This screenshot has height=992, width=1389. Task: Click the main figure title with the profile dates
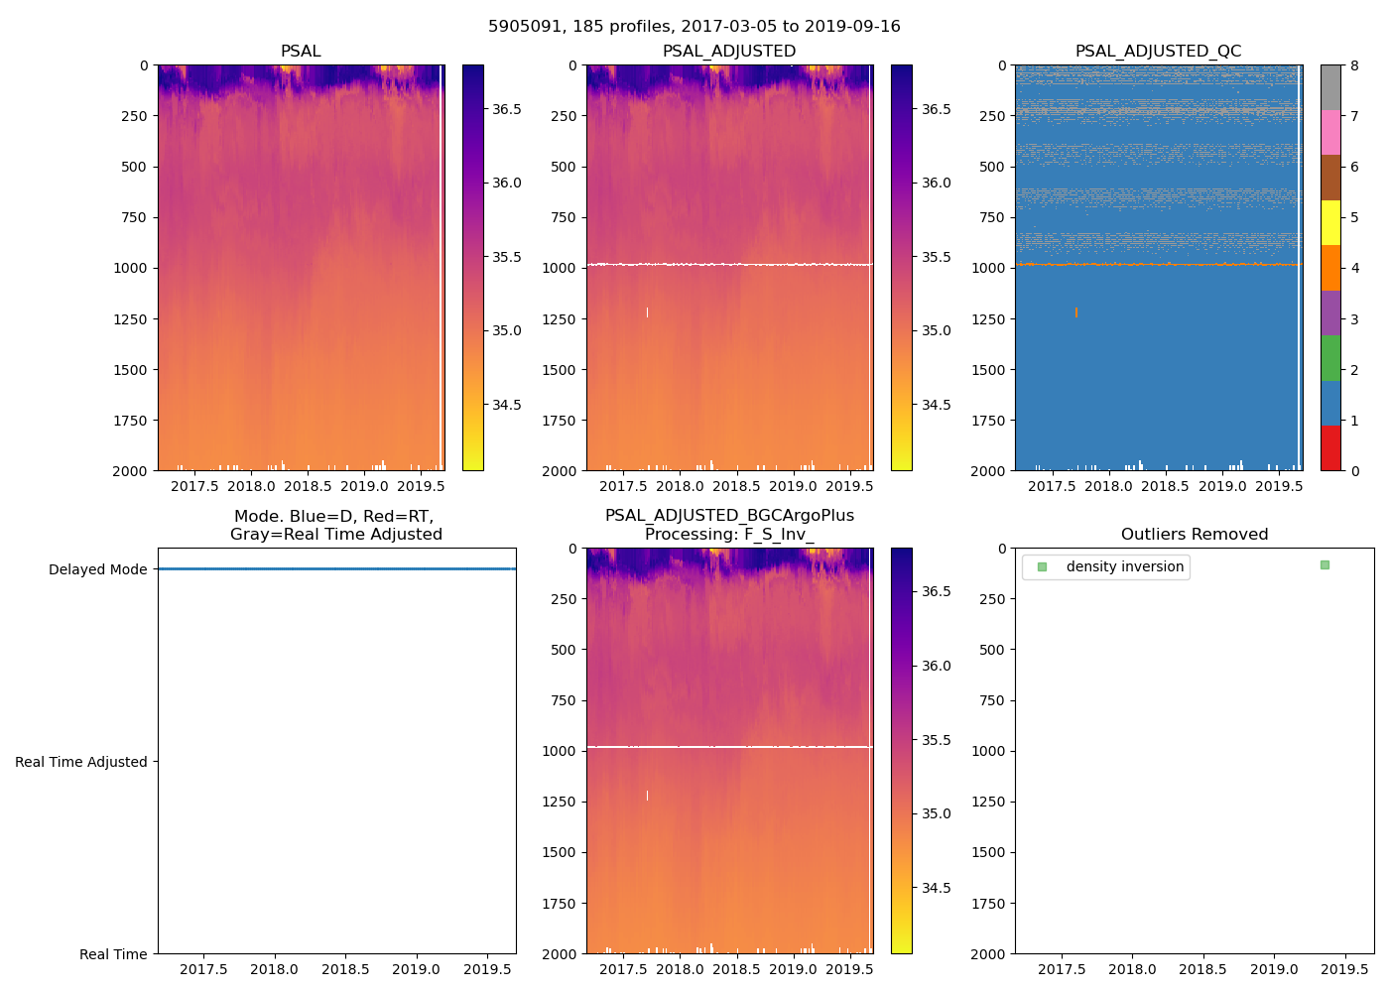click(x=694, y=27)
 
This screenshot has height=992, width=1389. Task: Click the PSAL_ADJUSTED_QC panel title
click(x=1158, y=52)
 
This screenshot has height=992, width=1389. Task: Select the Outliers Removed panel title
click(x=1194, y=535)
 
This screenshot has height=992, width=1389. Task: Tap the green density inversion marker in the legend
click(x=1042, y=567)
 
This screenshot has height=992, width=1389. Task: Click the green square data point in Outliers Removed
click(x=1325, y=564)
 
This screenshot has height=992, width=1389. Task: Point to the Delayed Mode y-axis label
click(x=97, y=569)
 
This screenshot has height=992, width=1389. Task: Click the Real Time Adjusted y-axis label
click(x=80, y=762)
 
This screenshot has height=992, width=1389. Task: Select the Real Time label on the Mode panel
click(x=113, y=954)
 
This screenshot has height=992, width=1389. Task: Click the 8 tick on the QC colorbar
click(x=1354, y=65)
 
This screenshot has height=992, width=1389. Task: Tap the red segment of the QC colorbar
click(x=1330, y=447)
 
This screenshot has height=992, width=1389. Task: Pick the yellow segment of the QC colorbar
click(x=1330, y=222)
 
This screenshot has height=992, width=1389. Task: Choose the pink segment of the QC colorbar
click(x=1330, y=132)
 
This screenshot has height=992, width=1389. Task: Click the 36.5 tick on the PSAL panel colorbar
click(x=506, y=109)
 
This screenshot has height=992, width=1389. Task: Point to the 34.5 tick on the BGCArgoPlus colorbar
click(x=936, y=888)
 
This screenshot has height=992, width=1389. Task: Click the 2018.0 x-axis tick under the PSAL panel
click(x=251, y=486)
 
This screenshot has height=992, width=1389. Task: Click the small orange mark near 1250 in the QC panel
click(x=1075, y=312)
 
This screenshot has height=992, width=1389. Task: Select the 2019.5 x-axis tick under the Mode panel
click(x=487, y=969)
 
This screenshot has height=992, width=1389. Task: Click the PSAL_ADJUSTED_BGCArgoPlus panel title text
click(x=729, y=516)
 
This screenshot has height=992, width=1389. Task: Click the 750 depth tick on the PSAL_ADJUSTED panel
click(x=563, y=217)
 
